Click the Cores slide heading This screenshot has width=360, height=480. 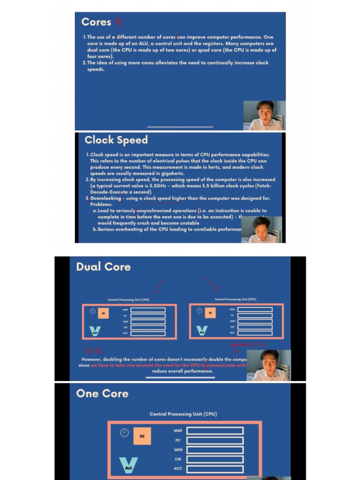point(96,22)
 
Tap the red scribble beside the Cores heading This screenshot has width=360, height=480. point(119,22)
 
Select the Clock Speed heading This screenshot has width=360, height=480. point(116,140)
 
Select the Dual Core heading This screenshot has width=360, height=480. point(103,267)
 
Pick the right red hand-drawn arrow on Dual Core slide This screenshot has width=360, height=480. point(212,283)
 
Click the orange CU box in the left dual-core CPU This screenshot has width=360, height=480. point(103,313)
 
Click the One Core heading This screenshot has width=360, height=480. point(102,393)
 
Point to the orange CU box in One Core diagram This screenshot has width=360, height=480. point(142,436)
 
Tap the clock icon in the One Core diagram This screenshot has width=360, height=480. point(124,433)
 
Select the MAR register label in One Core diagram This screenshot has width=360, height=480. point(178,431)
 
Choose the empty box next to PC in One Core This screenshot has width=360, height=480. point(215,440)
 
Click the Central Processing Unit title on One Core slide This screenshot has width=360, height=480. point(183,414)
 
